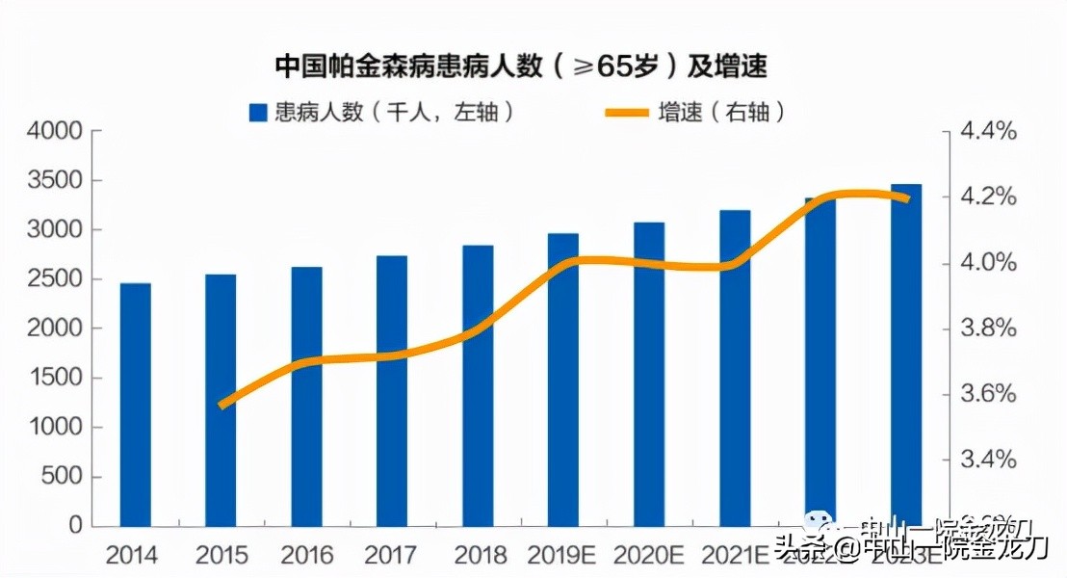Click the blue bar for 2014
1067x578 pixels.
click(x=135, y=405)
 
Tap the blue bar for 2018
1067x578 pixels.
click(x=478, y=385)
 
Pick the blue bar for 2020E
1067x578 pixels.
click(x=649, y=375)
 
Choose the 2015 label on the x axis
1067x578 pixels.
click(x=221, y=556)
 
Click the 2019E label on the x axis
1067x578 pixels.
click(x=563, y=556)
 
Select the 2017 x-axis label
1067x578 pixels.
click(x=392, y=556)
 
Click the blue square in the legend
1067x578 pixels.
click(x=257, y=113)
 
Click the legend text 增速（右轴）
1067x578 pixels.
click(x=722, y=112)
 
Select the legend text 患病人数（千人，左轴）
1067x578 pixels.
click(x=395, y=112)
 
